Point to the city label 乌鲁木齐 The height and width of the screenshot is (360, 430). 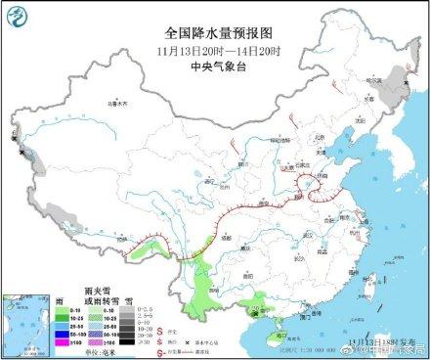click(x=118, y=102)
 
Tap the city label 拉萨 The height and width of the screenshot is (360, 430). click(x=123, y=239)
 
